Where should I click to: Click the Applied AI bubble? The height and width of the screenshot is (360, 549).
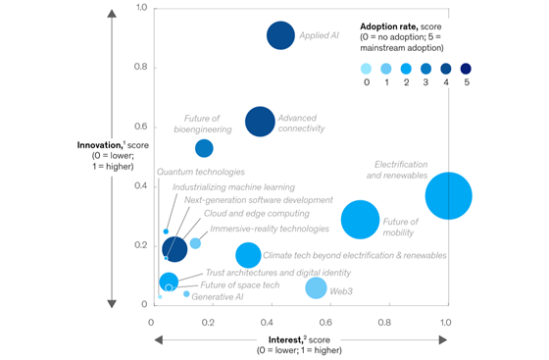[280, 36]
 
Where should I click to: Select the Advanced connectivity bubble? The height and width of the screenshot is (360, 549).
[260, 123]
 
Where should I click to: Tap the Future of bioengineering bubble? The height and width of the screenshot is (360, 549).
[204, 148]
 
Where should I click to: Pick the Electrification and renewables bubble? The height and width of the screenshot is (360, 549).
[449, 195]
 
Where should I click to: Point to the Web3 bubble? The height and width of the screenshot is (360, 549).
[316, 288]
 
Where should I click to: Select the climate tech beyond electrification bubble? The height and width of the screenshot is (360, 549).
[249, 255]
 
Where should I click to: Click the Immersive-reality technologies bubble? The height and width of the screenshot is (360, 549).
[195, 243]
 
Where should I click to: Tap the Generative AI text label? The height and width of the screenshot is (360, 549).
[218, 296]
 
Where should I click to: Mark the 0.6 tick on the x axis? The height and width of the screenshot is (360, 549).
[328, 322]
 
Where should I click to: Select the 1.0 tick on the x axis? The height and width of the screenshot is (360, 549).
[447, 322]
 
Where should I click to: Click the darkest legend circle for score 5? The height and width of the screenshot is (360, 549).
[466, 69]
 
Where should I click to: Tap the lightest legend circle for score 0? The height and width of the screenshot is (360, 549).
[366, 69]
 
